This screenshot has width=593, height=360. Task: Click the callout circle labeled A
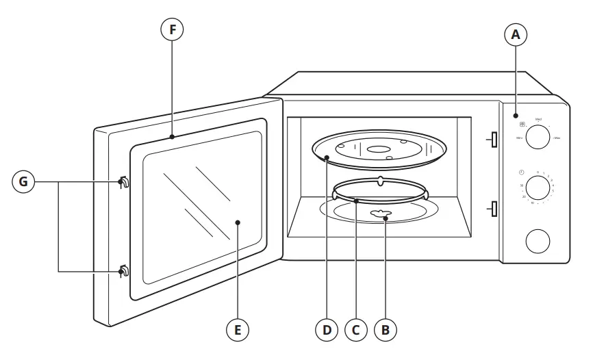click(516, 34)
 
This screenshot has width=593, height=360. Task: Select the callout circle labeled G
click(24, 182)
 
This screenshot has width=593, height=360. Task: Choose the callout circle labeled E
click(238, 330)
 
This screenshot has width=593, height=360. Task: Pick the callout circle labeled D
click(327, 330)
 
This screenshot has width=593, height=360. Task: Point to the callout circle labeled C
click(355, 330)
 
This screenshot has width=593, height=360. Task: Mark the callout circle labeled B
click(385, 330)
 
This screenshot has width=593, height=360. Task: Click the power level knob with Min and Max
click(539, 136)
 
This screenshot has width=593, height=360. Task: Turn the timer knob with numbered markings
click(539, 188)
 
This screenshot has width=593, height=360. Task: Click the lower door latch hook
click(124, 271)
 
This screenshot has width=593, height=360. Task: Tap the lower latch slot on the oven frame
click(491, 208)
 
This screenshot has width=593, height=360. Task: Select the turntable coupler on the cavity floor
click(379, 215)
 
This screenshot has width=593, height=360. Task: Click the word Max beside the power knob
click(557, 138)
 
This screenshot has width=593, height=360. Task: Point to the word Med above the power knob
click(538, 118)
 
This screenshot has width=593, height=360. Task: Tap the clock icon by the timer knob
click(522, 172)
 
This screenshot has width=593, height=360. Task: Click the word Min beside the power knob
click(520, 138)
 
